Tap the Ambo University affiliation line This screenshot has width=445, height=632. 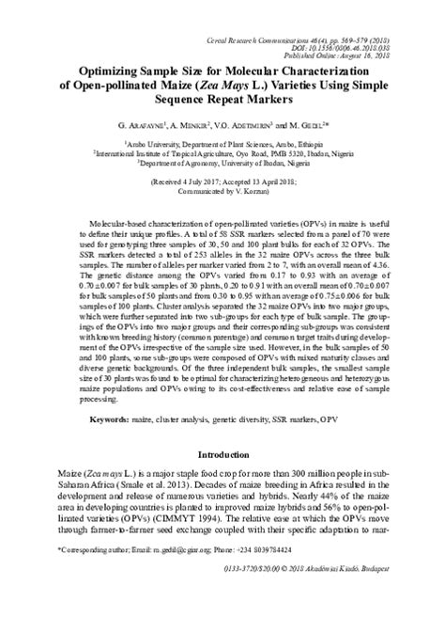[222, 139]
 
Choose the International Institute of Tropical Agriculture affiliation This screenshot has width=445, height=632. [222, 150]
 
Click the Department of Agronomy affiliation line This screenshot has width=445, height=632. [222, 162]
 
